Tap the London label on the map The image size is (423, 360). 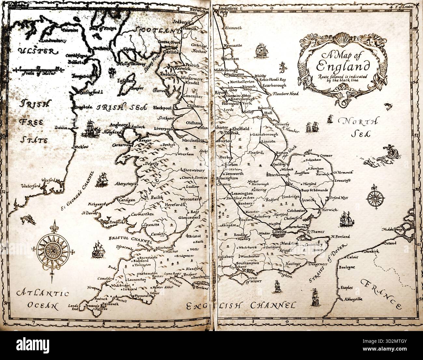[280, 232]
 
